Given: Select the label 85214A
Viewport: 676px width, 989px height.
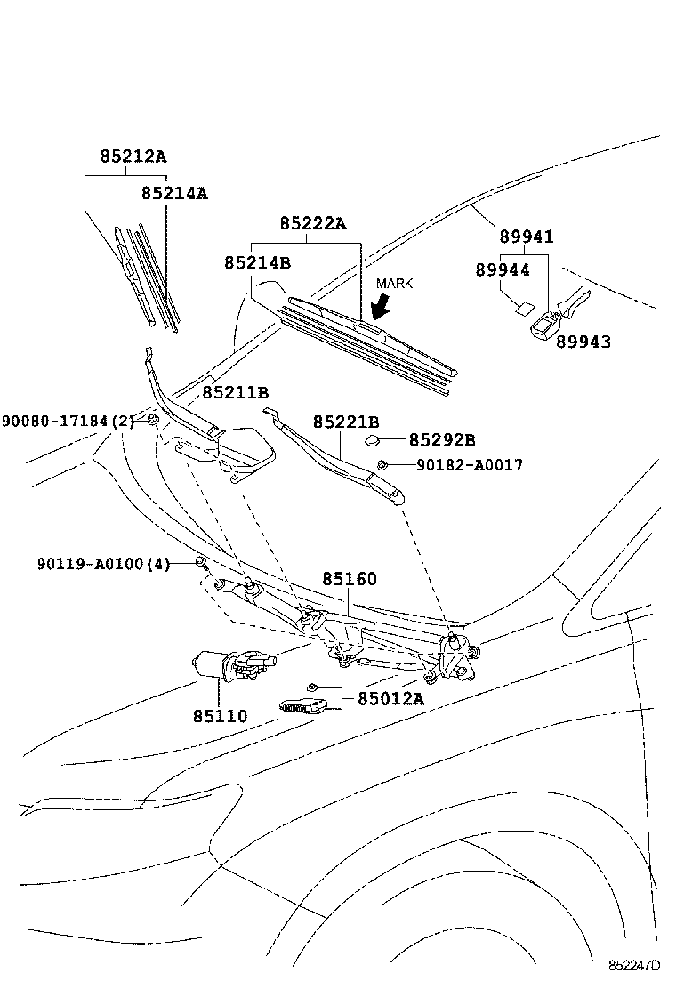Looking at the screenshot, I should click(174, 192).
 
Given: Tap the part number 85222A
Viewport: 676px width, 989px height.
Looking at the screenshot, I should click(312, 224).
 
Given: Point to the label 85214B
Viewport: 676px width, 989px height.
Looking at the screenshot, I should click(257, 262).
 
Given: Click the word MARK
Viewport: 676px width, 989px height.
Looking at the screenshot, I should click(395, 283).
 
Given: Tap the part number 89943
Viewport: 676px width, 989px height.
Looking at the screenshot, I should click(583, 341).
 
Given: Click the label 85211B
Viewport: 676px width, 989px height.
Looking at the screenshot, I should click(235, 392).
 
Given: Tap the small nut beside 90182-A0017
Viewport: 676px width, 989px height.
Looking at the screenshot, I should click(382, 464).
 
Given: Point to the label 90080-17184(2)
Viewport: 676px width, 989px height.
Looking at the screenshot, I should click(68, 420).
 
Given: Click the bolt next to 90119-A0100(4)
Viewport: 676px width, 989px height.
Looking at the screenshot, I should click(201, 562).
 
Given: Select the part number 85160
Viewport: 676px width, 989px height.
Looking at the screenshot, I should click(350, 579).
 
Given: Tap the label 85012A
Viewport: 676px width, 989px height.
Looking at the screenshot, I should click(391, 698).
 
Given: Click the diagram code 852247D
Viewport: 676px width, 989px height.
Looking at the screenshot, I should click(635, 965).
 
